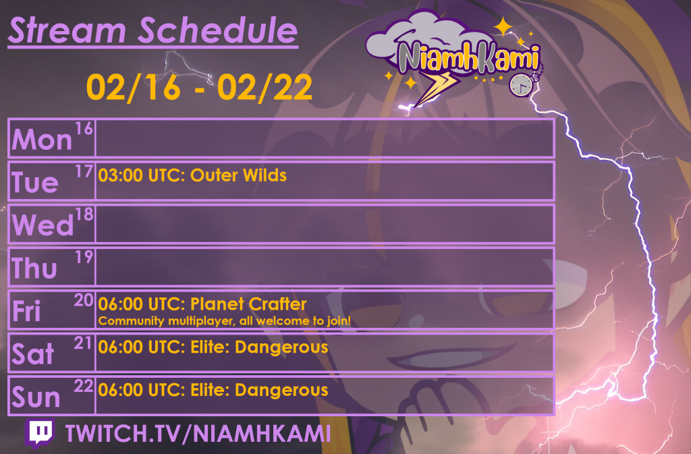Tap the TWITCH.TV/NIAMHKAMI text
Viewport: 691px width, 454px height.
[198, 434]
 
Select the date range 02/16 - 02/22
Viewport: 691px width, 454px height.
[199, 88]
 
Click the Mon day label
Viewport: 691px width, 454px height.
[42, 140]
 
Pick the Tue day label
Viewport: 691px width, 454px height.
[35, 182]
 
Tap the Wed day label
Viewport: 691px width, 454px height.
[42, 225]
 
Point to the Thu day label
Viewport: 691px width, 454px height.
[35, 268]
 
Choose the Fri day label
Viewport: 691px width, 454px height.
[27, 312]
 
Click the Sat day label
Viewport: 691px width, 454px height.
[32, 354]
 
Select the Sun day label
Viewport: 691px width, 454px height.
[36, 397]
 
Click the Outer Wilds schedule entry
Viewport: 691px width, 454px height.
[192, 175]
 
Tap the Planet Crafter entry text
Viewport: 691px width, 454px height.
[202, 304]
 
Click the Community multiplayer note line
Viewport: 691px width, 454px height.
[224, 321]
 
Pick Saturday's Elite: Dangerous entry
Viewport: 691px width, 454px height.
[213, 347]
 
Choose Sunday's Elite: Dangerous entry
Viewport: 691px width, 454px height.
[213, 390]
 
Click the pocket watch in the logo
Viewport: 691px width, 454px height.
[520, 84]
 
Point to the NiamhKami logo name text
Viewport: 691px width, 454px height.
[467, 57]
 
